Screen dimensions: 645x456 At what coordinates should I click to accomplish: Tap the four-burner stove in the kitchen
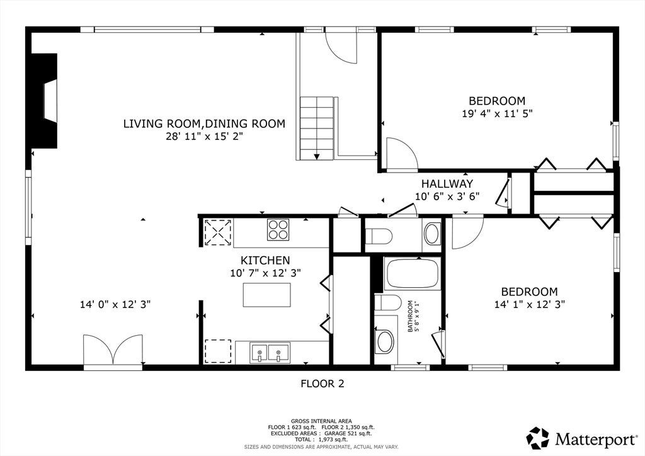[x=278, y=229]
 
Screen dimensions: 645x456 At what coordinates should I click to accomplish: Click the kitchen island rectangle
[x=266, y=295]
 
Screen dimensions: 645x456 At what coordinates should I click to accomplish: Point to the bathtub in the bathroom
[x=412, y=273]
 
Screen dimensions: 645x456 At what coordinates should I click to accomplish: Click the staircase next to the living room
[x=316, y=128]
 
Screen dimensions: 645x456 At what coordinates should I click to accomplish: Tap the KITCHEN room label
[x=265, y=260]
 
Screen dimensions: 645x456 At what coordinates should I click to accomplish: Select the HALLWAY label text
[x=447, y=183]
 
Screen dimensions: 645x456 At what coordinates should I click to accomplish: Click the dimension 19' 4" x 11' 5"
[x=498, y=113]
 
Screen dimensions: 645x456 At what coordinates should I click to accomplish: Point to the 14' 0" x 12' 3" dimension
[x=115, y=305]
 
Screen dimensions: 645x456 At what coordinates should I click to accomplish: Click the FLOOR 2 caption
[x=322, y=384]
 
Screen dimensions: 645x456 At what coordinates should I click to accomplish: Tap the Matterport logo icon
[x=538, y=438]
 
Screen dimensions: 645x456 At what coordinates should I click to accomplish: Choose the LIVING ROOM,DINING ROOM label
[x=205, y=123]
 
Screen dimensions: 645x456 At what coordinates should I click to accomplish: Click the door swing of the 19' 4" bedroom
[x=402, y=154]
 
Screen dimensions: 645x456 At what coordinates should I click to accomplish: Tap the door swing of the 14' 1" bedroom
[x=468, y=233]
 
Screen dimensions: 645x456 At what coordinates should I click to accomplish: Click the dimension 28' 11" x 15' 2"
[x=205, y=137]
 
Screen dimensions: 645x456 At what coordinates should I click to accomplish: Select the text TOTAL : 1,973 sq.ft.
[x=321, y=440]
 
